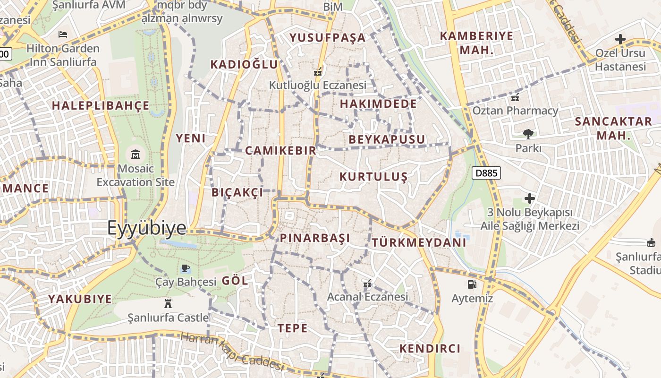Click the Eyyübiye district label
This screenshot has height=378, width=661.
point(147,228)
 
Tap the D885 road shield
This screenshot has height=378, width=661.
point(486,173)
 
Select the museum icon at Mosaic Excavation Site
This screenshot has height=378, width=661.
point(136,154)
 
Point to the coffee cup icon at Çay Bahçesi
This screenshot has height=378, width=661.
point(186,268)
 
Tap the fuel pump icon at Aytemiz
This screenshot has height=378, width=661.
point(472,284)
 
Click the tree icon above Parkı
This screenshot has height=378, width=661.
point(528,134)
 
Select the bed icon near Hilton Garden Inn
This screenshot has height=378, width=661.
point(62,34)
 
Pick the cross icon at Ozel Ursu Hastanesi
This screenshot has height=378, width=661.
point(620,39)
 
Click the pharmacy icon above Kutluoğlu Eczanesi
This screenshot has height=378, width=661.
point(318,72)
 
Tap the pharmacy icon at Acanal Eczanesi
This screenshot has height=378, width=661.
point(367,284)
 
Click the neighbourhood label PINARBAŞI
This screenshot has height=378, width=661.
point(315,238)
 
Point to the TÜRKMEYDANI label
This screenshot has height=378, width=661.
point(419,243)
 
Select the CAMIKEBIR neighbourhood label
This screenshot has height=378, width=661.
point(280,151)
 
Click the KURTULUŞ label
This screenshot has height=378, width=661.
point(373,177)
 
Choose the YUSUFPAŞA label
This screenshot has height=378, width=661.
point(328,38)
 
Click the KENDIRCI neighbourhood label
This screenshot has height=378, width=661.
point(430,349)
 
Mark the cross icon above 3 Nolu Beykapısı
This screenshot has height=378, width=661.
point(530,198)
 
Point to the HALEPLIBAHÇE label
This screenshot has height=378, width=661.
point(101,106)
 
